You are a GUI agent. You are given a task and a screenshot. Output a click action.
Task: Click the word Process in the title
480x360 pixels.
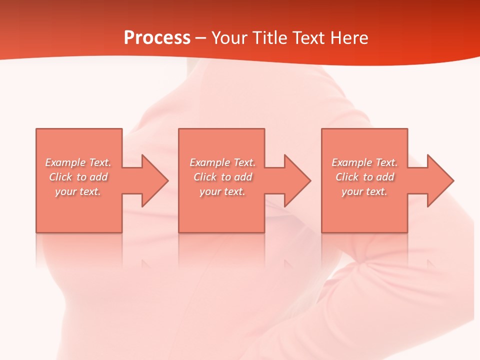coord(157,38)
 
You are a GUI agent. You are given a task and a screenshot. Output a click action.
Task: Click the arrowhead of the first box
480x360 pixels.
coord(155,180)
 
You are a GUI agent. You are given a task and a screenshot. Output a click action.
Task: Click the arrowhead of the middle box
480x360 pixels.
coord(297,180)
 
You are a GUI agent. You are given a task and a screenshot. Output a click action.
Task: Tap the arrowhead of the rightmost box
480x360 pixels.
coord(440,180)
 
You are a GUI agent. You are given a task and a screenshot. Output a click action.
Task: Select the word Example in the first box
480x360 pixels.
coord(65,162)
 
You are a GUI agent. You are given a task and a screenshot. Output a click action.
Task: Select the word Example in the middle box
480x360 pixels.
coord(210,162)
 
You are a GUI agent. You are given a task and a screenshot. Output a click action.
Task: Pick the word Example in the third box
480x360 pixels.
coord(352,162)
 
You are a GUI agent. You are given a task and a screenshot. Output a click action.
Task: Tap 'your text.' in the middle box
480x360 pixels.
coord(222,191)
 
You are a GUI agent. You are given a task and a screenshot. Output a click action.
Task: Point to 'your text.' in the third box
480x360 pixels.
coord(364,191)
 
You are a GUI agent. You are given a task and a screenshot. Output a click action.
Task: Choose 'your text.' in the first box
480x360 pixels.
coord(78,191)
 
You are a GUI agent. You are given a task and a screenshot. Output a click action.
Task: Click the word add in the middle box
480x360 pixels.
coord(243,177)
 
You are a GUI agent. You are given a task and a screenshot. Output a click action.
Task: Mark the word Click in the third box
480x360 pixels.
coord(347,177)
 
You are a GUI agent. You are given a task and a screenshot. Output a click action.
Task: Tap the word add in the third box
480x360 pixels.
coord(385,177)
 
